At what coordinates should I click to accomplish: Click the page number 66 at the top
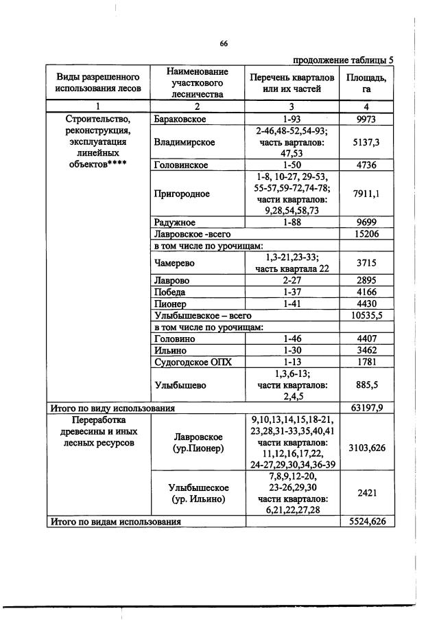coord(224,43)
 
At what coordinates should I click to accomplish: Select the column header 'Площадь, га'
coord(366,82)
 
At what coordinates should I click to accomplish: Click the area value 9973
coord(366,119)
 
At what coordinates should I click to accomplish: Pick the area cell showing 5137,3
coord(366,143)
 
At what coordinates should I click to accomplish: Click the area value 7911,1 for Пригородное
coord(366,194)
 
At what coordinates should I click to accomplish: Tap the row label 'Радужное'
coord(175,222)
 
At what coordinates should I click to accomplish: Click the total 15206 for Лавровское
coord(366,234)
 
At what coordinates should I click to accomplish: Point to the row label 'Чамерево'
coord(176,263)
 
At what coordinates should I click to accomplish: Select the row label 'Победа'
coord(170,292)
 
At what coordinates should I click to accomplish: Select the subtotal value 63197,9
coord(366,408)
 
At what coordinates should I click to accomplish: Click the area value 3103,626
coord(366,448)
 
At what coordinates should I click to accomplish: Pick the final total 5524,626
coord(366,521)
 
